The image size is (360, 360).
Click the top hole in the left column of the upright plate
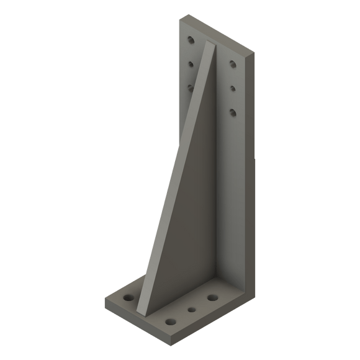[191, 41]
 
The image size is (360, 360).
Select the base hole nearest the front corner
[169, 322]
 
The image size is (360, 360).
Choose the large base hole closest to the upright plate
[213, 297]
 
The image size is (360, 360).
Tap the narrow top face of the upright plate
[217, 36]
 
